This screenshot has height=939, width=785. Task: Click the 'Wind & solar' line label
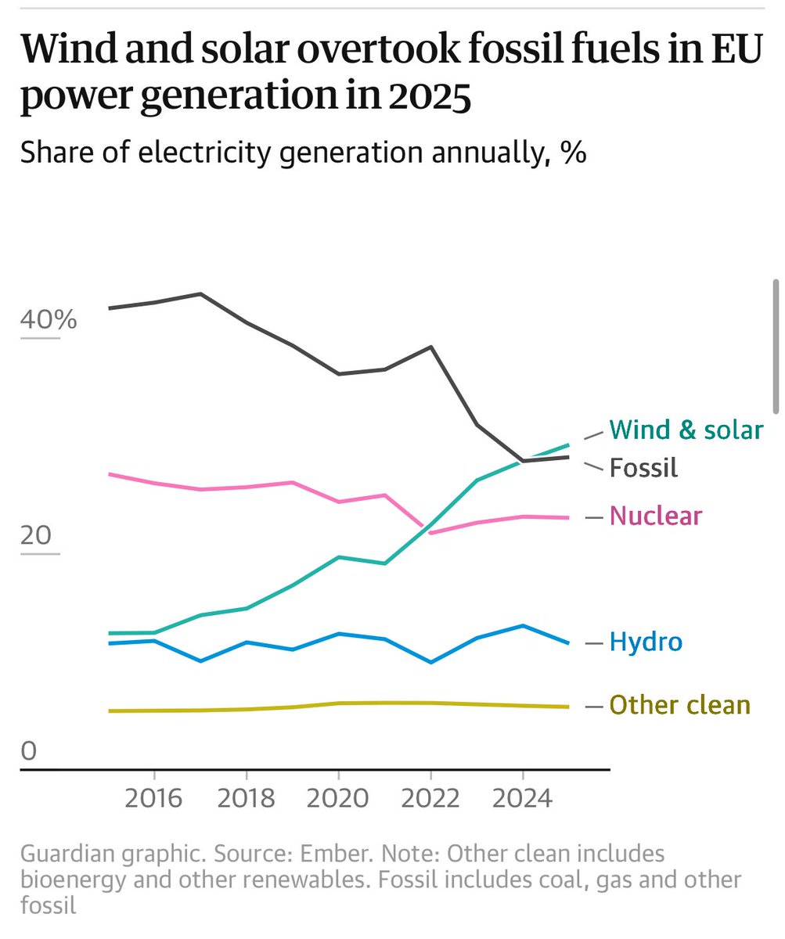(x=686, y=430)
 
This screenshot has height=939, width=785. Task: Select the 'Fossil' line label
(x=643, y=468)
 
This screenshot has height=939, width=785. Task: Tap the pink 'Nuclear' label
(x=655, y=516)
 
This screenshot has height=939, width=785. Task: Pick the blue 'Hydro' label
(x=646, y=642)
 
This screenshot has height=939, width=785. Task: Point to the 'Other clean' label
(x=679, y=705)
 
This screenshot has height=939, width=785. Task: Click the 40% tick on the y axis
(x=49, y=320)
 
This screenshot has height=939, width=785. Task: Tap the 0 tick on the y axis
(x=29, y=751)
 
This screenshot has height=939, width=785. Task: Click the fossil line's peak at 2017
(x=201, y=294)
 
